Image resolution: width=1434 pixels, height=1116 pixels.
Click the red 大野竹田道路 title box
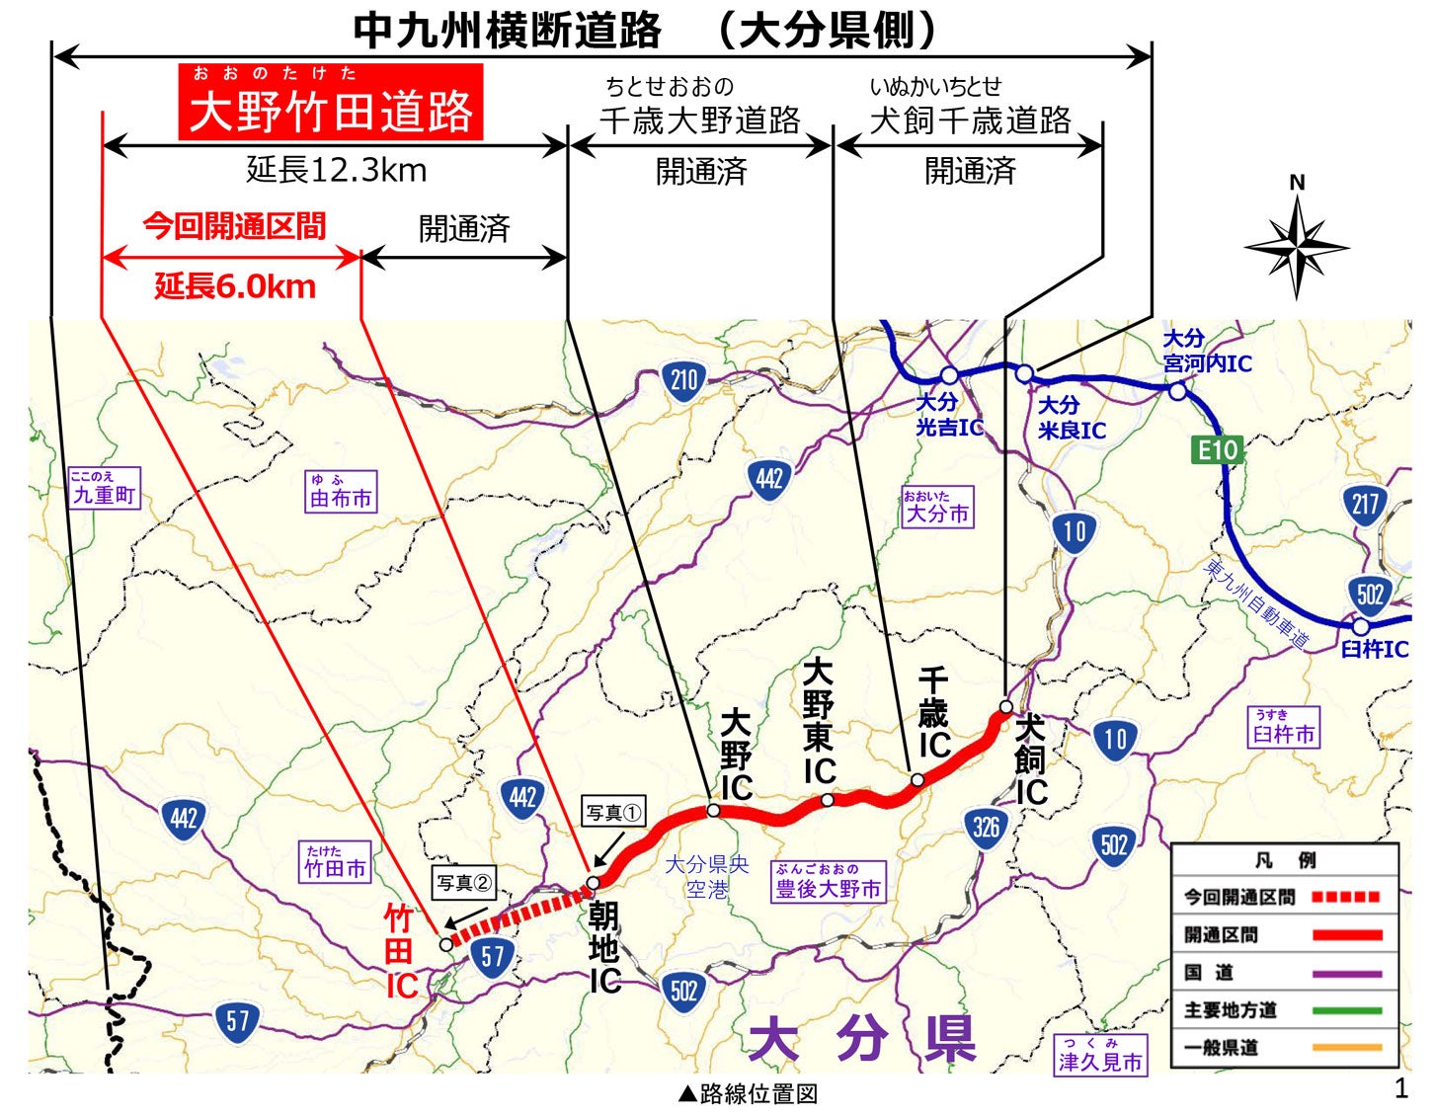point(331,102)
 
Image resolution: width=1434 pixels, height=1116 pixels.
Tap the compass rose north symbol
point(1297,246)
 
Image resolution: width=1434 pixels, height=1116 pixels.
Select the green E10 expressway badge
point(1217,450)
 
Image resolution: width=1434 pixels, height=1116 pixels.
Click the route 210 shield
point(683,379)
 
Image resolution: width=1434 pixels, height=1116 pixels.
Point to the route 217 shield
point(1365,506)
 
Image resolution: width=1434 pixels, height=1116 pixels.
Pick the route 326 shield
point(986,827)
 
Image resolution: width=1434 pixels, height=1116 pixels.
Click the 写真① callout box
point(613,813)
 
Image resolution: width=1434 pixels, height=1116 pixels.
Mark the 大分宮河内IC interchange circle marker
point(1177,391)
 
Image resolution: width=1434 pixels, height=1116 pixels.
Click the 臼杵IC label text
point(1374,650)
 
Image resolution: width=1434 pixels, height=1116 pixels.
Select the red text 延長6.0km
point(235,287)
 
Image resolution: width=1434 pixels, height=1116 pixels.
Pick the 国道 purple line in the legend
point(1346,974)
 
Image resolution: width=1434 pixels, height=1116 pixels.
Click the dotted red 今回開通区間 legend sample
point(1345,897)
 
